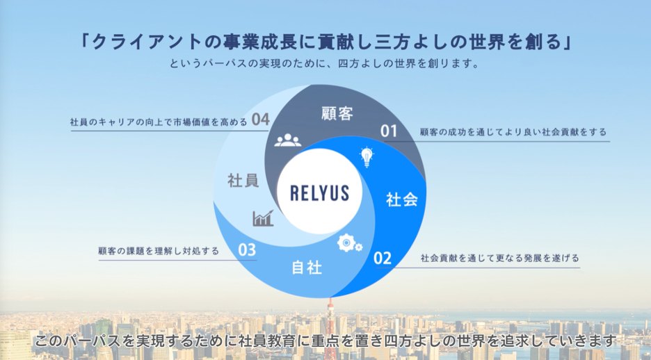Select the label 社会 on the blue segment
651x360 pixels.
(x=401, y=200)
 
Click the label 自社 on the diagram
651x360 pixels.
(x=306, y=267)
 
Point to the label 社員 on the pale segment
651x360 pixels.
(x=243, y=181)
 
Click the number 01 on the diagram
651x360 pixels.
(x=388, y=131)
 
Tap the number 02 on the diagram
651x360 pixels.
(x=383, y=259)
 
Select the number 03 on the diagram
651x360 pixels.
(x=247, y=250)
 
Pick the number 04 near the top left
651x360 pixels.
(x=261, y=120)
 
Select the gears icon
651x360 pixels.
(x=348, y=243)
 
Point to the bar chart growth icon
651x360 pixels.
(x=263, y=218)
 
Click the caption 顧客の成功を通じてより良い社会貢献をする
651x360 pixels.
(x=513, y=131)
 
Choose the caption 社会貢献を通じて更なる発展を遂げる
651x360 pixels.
(x=499, y=259)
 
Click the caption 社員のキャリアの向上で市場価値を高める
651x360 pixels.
(x=159, y=122)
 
